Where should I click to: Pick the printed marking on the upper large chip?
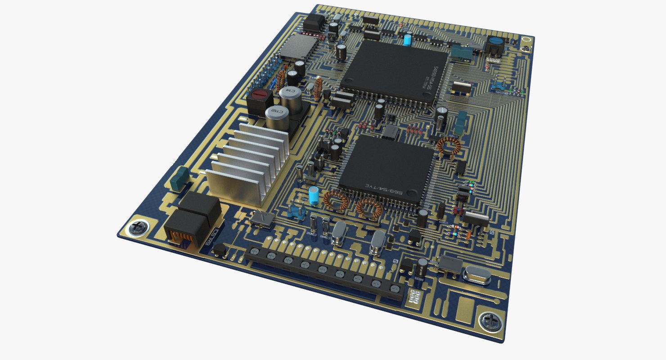pyautogui.click(x=432, y=77)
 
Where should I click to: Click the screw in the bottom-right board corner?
pyautogui.click(x=490, y=321)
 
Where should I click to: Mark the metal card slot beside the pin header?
pyautogui.click(x=297, y=46)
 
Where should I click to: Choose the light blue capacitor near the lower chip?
pyautogui.click(x=314, y=195)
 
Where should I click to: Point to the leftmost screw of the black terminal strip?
pyautogui.click(x=254, y=252)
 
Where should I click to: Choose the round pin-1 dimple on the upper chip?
pyautogui.click(x=425, y=95)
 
